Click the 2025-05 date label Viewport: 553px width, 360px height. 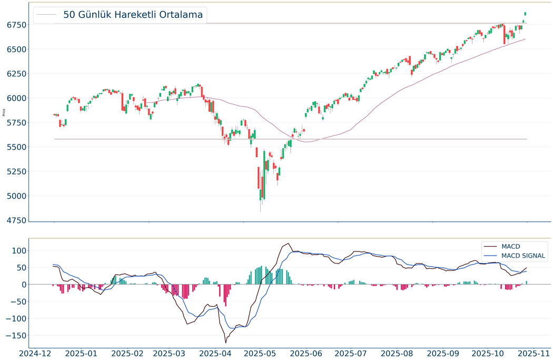[x=261, y=353]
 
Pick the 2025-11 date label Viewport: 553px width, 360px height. [x=533, y=353]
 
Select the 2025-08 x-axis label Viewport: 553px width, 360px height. [x=397, y=353]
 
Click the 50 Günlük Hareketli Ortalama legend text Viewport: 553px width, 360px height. [x=133, y=15]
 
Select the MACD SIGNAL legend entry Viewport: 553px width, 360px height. [x=524, y=256]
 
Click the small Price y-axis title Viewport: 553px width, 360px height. [x=4, y=112]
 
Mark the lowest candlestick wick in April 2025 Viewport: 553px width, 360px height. [x=260, y=211]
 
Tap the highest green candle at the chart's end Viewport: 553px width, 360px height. [x=525, y=13]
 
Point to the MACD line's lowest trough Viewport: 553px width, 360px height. [x=226, y=343]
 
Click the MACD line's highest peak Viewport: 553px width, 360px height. [x=288, y=244]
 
